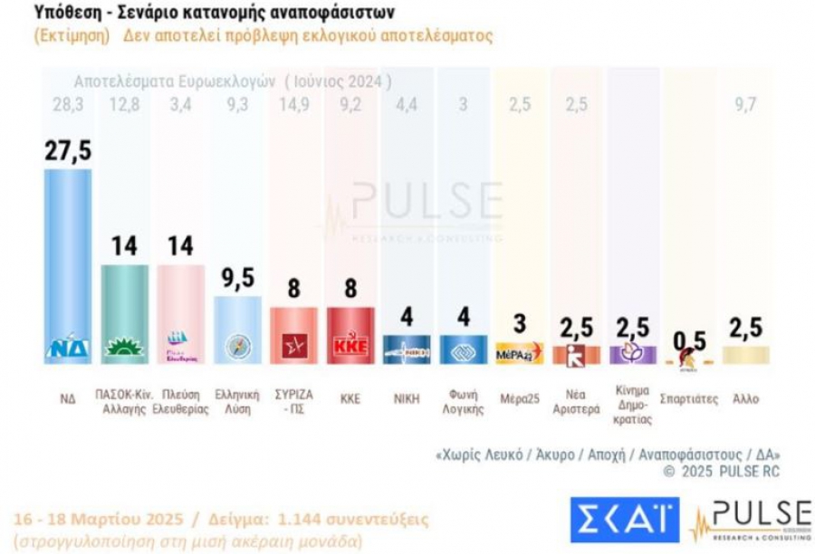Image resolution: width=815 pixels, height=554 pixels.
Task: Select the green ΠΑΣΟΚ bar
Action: pyautogui.click(x=124, y=313)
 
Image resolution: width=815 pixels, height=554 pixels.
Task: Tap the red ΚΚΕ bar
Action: pyautogui.click(x=350, y=335)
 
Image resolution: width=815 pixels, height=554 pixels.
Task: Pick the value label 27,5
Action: pyautogui.click(x=69, y=150)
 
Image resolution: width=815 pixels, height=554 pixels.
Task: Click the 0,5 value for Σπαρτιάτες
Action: pyautogui.click(x=690, y=341)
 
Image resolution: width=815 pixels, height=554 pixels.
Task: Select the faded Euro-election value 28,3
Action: pyautogui.click(x=68, y=105)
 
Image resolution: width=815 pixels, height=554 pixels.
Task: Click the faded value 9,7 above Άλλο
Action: pyautogui.click(x=746, y=105)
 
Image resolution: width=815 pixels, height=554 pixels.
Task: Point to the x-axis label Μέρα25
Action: pyautogui.click(x=519, y=398)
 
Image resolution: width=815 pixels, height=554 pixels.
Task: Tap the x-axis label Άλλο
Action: pyautogui.click(x=746, y=398)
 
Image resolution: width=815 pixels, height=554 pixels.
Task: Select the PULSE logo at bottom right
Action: pyautogui.click(x=751, y=521)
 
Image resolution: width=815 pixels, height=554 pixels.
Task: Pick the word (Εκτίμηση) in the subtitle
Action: pyautogui.click(x=72, y=36)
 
